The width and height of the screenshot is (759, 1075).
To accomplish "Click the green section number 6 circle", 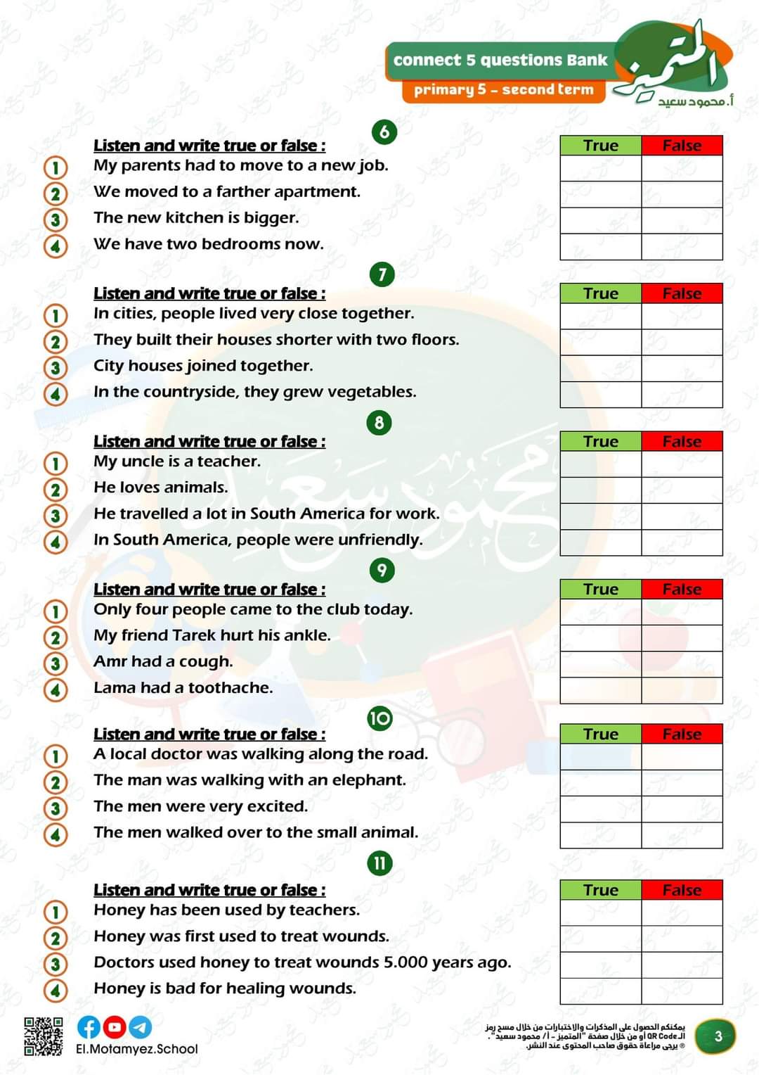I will click(x=384, y=132).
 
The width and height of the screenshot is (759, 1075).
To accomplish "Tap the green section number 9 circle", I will click(x=382, y=570).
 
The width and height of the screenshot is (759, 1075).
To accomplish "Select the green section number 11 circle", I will click(x=379, y=863).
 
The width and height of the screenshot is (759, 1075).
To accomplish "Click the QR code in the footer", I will click(x=44, y=1036).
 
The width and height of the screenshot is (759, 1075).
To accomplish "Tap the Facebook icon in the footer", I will click(x=89, y=1027).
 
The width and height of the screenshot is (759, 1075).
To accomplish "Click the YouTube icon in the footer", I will click(x=115, y=1027).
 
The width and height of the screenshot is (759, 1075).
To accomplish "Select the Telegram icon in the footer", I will click(x=140, y=1027).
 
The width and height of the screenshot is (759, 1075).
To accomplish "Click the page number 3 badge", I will click(x=718, y=1036).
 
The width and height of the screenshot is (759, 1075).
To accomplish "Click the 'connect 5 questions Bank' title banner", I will click(x=500, y=61).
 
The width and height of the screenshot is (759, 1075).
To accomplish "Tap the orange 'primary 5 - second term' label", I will click(x=503, y=90).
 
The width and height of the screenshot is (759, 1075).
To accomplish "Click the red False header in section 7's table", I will click(x=682, y=293).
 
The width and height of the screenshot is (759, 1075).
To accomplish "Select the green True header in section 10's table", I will click(x=601, y=734).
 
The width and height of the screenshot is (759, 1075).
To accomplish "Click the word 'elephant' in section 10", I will click(x=372, y=780).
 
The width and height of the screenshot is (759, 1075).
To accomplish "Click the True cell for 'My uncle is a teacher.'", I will click(x=601, y=464).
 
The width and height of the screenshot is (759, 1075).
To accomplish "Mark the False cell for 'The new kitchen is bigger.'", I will click(x=682, y=221).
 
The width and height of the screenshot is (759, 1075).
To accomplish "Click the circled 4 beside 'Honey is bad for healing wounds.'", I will click(x=56, y=991).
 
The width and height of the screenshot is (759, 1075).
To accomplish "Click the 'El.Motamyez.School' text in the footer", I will click(x=137, y=1049).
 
